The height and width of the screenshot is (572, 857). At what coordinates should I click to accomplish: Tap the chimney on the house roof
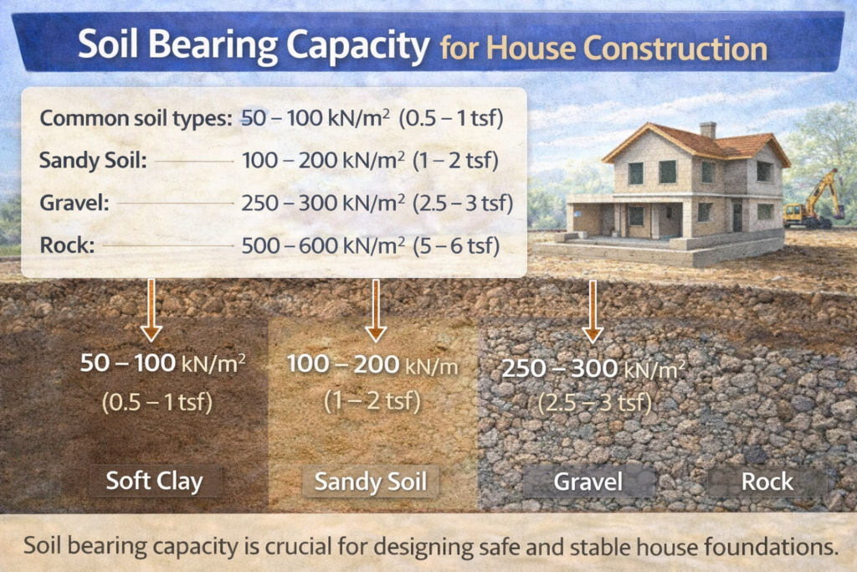pos(708,130)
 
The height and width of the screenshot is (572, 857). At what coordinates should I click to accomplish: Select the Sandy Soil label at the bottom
pos(370,482)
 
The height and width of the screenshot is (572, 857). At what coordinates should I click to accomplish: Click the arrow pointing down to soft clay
pos(151,311)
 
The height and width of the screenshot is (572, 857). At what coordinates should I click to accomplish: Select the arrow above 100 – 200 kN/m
pos(376,311)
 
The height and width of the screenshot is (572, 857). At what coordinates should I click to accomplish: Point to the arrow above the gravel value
pos(593,311)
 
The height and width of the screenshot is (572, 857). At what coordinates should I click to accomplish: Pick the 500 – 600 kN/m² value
pos(323,245)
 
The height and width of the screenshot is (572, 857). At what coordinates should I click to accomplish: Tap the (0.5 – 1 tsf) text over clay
pos(157,402)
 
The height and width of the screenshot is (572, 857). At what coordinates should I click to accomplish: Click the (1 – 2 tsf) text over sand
pos(372,400)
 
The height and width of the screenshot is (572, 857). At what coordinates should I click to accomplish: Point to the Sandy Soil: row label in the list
pos(93,159)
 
